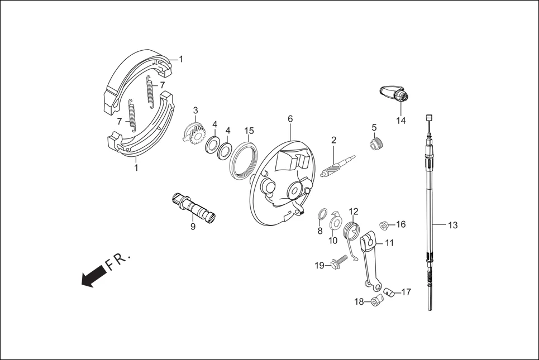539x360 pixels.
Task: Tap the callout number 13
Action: (x=452, y=225)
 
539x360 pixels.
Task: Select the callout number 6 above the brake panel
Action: (x=290, y=119)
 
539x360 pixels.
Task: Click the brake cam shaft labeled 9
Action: (x=193, y=208)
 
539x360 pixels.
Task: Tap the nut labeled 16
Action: (x=384, y=225)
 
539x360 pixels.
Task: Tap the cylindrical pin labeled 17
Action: (x=389, y=292)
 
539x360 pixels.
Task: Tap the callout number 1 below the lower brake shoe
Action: (x=136, y=167)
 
